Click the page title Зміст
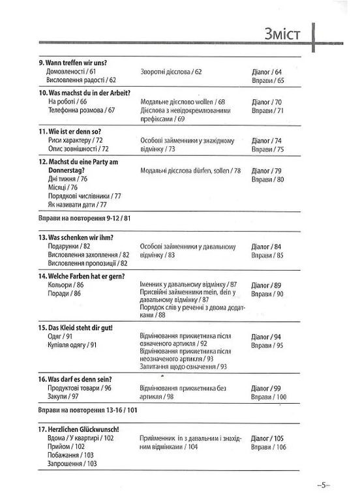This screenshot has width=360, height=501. pos(283,35)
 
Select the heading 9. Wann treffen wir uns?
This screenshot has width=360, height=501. pos(73,62)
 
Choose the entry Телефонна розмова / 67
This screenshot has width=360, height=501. pos(81,110)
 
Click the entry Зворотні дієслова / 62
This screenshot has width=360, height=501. pos(172,71)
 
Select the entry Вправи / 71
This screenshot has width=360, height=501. pos(268,110)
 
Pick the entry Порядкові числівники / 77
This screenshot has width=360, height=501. pos(84,195)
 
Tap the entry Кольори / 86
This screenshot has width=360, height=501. pos(65,285)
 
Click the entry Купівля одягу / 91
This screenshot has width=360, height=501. pos(72,344)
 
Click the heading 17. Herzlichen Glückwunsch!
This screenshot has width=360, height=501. pos(82,429)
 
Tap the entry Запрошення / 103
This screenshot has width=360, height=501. pos(72,463)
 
